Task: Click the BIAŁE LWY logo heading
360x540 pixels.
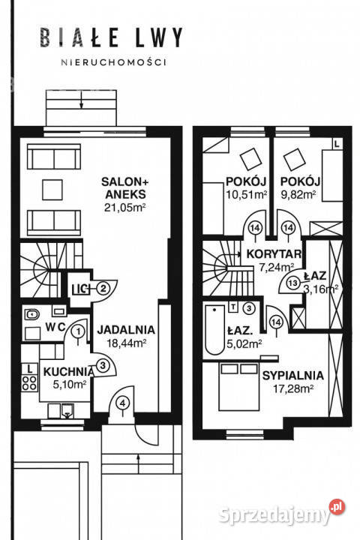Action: point(111,37)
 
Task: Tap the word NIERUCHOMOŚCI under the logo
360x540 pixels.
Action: point(114,62)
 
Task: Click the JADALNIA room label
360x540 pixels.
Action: point(126,329)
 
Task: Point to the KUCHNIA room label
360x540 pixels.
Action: point(68,371)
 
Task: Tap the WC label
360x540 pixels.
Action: point(55,327)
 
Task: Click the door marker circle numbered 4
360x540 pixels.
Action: point(122,402)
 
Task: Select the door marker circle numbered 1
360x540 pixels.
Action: point(79,331)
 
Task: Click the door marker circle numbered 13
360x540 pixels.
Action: point(293,283)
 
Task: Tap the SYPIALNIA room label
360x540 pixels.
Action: point(292,376)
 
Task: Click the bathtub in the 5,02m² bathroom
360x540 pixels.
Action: point(214,329)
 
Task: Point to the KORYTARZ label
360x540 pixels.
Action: point(274,254)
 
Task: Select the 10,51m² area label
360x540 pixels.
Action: point(247,194)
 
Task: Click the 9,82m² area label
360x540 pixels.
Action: point(298,194)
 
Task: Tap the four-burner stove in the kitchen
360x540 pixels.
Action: point(30,383)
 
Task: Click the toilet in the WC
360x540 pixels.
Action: point(31,314)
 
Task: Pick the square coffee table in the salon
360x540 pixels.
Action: point(52,190)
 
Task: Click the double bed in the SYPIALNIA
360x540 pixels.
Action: point(238,386)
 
